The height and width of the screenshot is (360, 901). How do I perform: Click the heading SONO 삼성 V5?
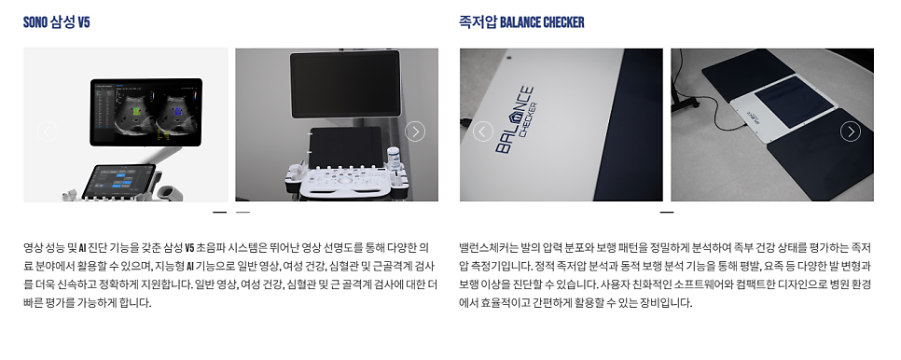click(x=56, y=22)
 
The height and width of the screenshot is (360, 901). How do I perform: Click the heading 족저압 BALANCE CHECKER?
click(x=521, y=22)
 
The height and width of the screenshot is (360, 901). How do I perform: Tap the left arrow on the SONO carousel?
click(x=48, y=132)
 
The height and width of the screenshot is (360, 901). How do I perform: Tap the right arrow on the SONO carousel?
click(x=415, y=132)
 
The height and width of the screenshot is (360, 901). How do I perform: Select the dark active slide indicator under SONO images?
click(x=219, y=212)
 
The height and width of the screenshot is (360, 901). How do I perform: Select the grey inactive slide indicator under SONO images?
click(x=243, y=212)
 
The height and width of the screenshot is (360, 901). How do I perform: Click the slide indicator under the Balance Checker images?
click(x=667, y=212)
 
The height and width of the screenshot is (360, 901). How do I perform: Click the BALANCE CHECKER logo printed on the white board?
click(x=515, y=120)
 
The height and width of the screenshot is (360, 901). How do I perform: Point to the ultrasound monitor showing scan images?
click(x=146, y=112)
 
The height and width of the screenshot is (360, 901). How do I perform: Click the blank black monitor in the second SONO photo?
click(x=345, y=84)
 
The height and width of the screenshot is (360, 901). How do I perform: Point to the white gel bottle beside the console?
click(x=394, y=158)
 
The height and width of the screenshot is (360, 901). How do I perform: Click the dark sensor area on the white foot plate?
click(x=794, y=96)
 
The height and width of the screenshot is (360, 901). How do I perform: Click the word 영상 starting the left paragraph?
click(x=34, y=248)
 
